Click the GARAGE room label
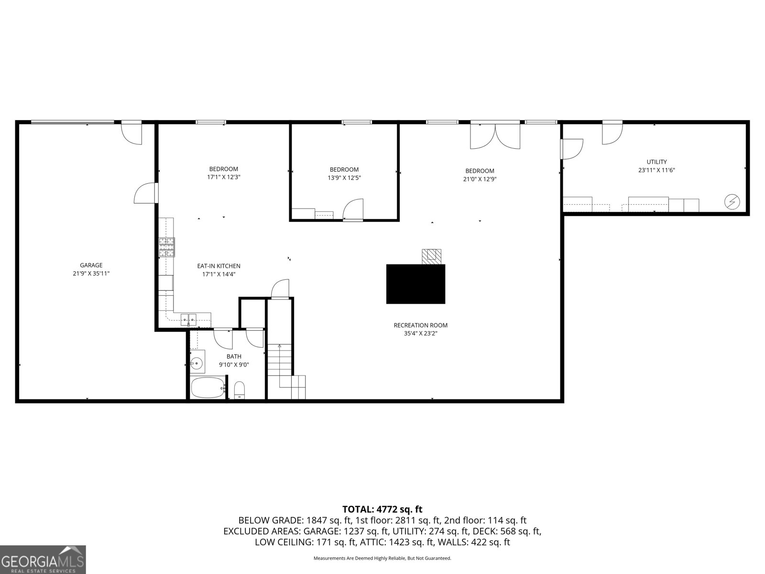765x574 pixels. tap(91, 265)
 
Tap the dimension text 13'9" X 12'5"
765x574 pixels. tap(344, 177)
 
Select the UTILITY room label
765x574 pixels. tap(656, 162)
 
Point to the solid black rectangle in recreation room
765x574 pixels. tap(415, 284)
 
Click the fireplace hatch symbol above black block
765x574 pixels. tap(432, 256)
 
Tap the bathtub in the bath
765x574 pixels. tap(208, 387)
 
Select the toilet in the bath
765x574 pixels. tap(240, 389)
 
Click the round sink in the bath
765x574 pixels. tap(197, 364)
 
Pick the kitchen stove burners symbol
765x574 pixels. tap(167, 247)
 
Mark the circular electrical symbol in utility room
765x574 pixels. tap(731, 202)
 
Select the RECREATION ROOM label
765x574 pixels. tap(420, 325)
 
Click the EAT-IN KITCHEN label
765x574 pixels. tap(219, 266)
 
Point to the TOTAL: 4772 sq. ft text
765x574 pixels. tap(382, 509)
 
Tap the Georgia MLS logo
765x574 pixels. tap(43, 559)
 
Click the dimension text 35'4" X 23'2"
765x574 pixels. tap(420, 333)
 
